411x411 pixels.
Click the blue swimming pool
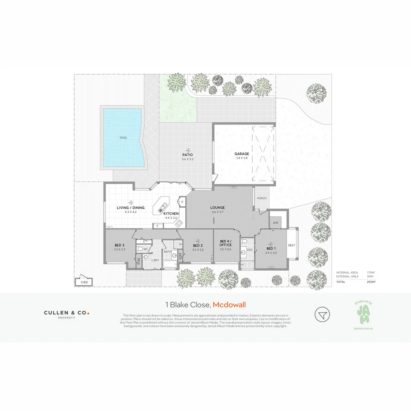tap(123, 137)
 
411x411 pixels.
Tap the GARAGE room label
tap(241, 154)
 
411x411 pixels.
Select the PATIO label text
tap(188, 155)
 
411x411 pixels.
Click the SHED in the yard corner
tap(84, 282)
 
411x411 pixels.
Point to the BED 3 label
tap(119, 245)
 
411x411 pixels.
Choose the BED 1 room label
tap(271, 248)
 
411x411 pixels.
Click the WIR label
tap(276, 223)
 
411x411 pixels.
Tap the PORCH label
tap(261, 198)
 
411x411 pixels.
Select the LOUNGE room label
tap(218, 208)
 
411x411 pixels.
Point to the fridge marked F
tap(157, 226)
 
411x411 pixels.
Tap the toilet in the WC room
tap(140, 249)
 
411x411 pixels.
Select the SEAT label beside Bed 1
tap(292, 245)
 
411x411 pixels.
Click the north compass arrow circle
tap(322, 314)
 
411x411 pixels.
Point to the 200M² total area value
tap(371, 282)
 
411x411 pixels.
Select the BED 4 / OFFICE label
tap(226, 243)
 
